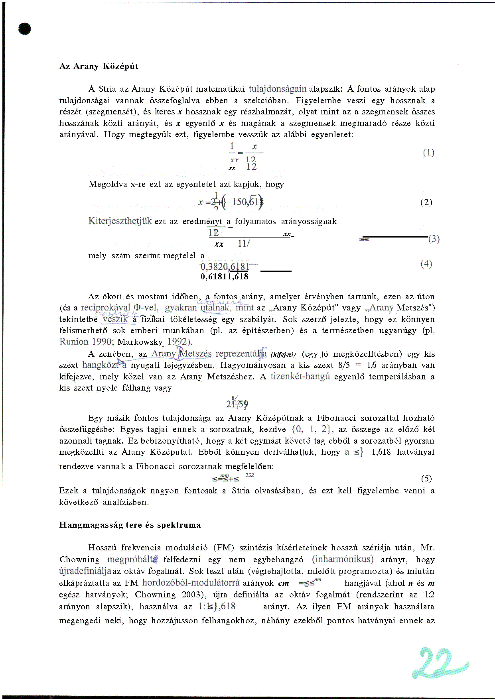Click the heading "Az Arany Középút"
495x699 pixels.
point(99,67)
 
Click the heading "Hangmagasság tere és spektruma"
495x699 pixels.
point(130,525)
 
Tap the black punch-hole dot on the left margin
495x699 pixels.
point(24,29)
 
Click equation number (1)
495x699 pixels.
point(428,153)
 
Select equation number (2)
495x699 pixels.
point(426,202)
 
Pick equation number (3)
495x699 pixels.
point(434,239)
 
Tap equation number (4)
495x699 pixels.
point(426,264)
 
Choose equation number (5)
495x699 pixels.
point(426,479)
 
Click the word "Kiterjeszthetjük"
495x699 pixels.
point(120,221)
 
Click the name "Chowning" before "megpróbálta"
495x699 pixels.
point(79,560)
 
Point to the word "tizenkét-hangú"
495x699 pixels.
point(300,377)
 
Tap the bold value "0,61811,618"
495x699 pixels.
point(225,277)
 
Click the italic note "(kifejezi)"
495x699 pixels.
point(283,354)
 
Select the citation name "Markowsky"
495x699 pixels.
point(140,342)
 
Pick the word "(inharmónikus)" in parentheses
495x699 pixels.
point(343,559)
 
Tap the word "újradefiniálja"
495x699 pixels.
point(85,571)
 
